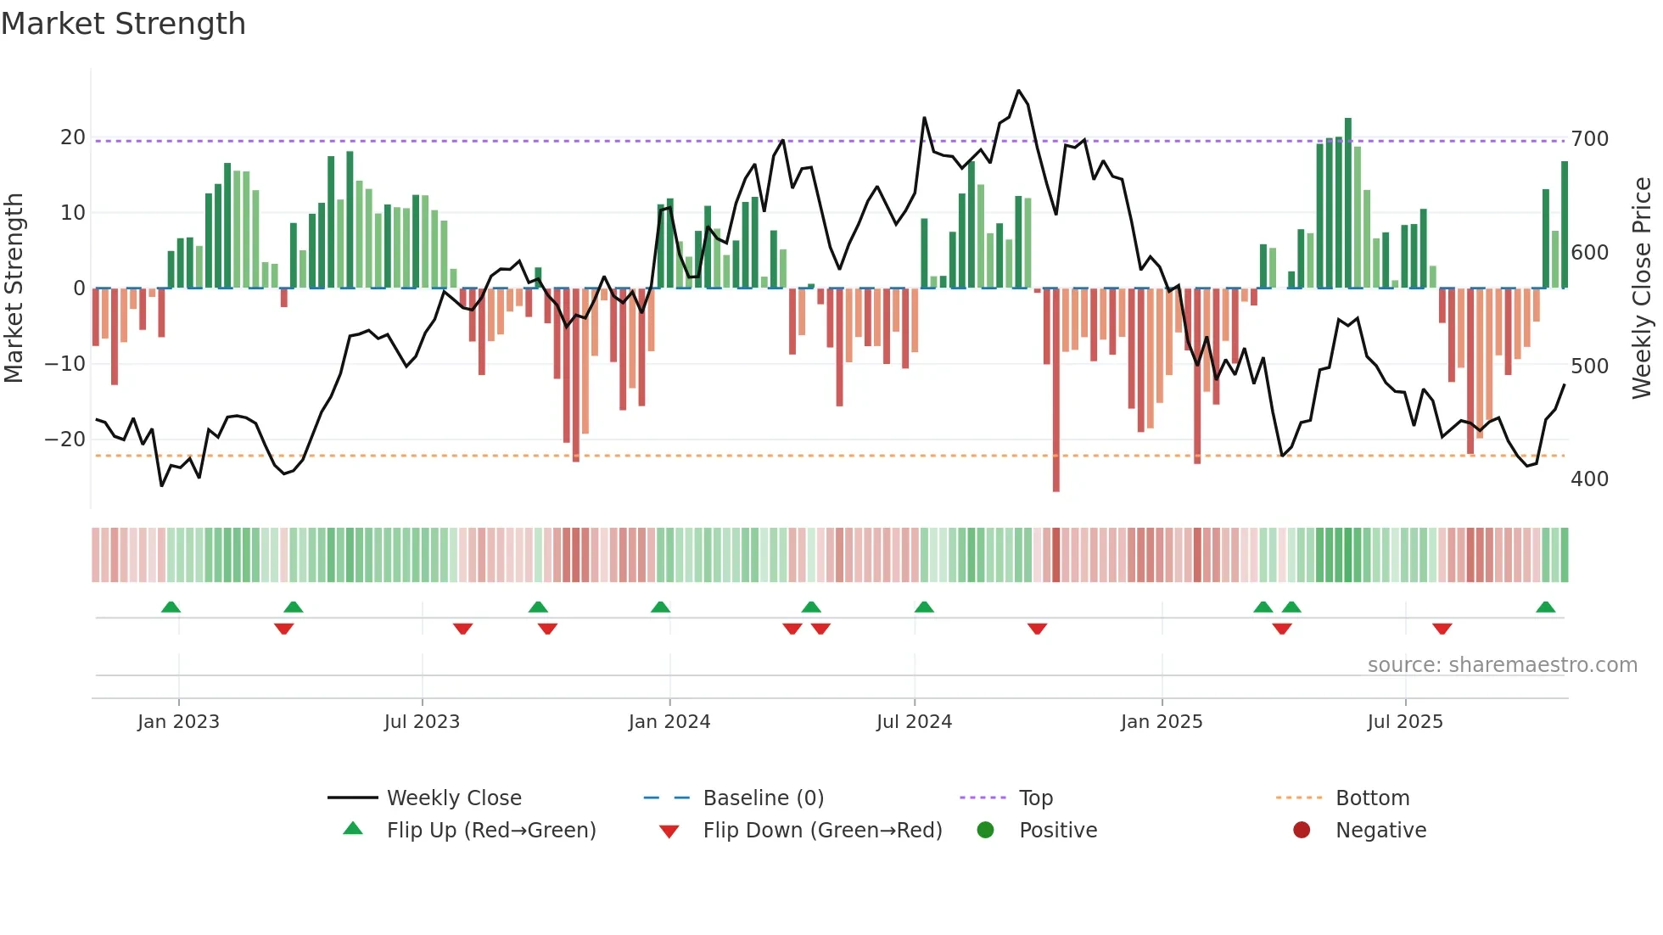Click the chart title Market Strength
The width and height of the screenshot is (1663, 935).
click(123, 24)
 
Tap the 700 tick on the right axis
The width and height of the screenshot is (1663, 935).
click(1589, 139)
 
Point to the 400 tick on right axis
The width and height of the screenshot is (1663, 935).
click(1589, 479)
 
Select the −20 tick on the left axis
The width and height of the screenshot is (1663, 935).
click(64, 440)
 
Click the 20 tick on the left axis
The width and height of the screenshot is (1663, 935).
click(72, 137)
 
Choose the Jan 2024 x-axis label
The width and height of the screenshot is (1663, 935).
click(669, 722)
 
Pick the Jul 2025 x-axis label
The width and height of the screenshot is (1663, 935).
click(1404, 722)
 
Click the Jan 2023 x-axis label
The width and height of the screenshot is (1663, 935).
click(178, 722)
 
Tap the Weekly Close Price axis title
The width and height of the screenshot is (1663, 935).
click(1642, 288)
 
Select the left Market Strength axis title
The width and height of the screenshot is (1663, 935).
click(14, 288)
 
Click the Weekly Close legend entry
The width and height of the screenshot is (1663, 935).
click(453, 798)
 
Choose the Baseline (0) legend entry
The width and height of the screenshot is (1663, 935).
click(763, 798)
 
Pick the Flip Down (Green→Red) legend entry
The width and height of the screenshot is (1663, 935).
click(821, 831)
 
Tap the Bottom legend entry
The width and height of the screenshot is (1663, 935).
click(1371, 798)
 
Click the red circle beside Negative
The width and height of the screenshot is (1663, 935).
click(1301, 831)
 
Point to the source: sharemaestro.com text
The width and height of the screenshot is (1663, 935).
click(1502, 665)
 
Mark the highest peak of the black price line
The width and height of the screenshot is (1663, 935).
click(1018, 91)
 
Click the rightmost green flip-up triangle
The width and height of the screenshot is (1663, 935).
click(1545, 607)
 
